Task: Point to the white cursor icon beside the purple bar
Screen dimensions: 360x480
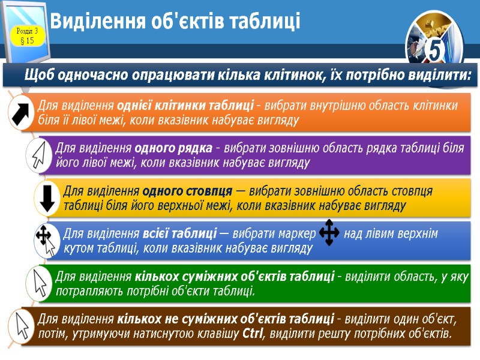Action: (x=40, y=154)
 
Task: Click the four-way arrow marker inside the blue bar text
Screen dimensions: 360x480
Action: (x=329, y=232)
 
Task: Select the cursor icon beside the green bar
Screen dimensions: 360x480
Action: (x=40, y=281)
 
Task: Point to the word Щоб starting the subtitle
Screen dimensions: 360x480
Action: (x=40, y=76)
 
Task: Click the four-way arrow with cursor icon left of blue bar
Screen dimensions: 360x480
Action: (x=46, y=238)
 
